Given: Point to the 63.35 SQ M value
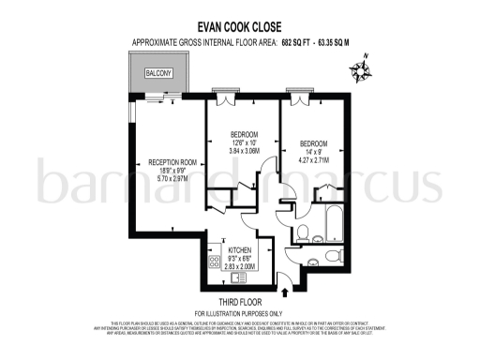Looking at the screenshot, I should coord(338,43).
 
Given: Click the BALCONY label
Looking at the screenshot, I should coord(157,72).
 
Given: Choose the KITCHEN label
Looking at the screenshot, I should coord(241,250).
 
